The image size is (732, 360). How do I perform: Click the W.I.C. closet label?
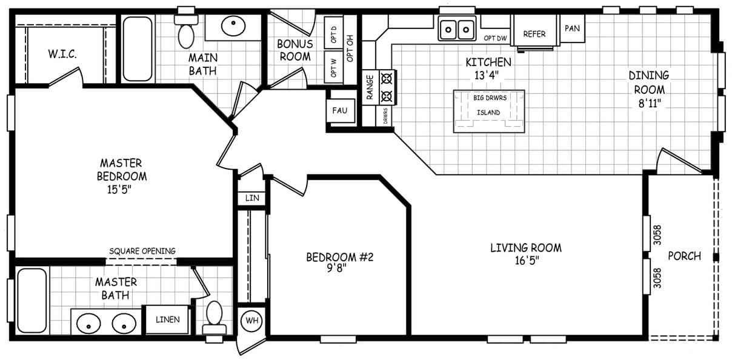[62, 55]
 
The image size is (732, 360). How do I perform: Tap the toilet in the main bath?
[186, 32]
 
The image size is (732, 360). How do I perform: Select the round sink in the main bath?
[233, 26]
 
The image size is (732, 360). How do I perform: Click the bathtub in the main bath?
[138, 48]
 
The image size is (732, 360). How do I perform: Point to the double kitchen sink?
[456, 28]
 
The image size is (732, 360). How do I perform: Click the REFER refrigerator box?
[534, 34]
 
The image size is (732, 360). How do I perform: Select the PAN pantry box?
[573, 28]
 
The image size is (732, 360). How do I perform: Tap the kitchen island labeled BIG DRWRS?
[488, 112]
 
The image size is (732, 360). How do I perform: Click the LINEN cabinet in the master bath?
[167, 319]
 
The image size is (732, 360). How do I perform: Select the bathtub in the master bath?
[32, 300]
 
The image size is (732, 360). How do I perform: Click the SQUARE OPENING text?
[142, 251]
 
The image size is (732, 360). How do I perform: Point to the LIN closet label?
[251, 198]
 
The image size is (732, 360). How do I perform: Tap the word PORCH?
[684, 256]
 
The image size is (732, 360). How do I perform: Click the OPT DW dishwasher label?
[495, 39]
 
